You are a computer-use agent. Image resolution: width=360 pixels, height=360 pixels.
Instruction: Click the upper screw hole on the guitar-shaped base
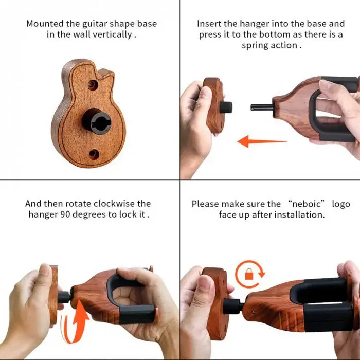point(93,85)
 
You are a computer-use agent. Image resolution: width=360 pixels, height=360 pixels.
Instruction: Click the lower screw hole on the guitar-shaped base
point(94,154)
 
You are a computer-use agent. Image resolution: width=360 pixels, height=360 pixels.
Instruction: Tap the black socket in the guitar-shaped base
point(97,121)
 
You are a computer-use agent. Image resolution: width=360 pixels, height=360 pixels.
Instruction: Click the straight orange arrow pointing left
point(262,141)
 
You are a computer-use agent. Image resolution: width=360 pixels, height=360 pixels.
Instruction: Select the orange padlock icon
point(249,274)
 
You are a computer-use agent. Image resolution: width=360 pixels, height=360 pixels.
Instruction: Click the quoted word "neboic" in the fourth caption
point(306,204)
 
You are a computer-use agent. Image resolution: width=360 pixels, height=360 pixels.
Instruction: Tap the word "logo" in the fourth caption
point(341,204)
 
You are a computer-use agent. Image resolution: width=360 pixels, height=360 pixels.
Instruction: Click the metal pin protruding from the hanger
point(262,107)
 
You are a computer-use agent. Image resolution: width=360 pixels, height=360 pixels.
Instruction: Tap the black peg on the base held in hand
point(226,107)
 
